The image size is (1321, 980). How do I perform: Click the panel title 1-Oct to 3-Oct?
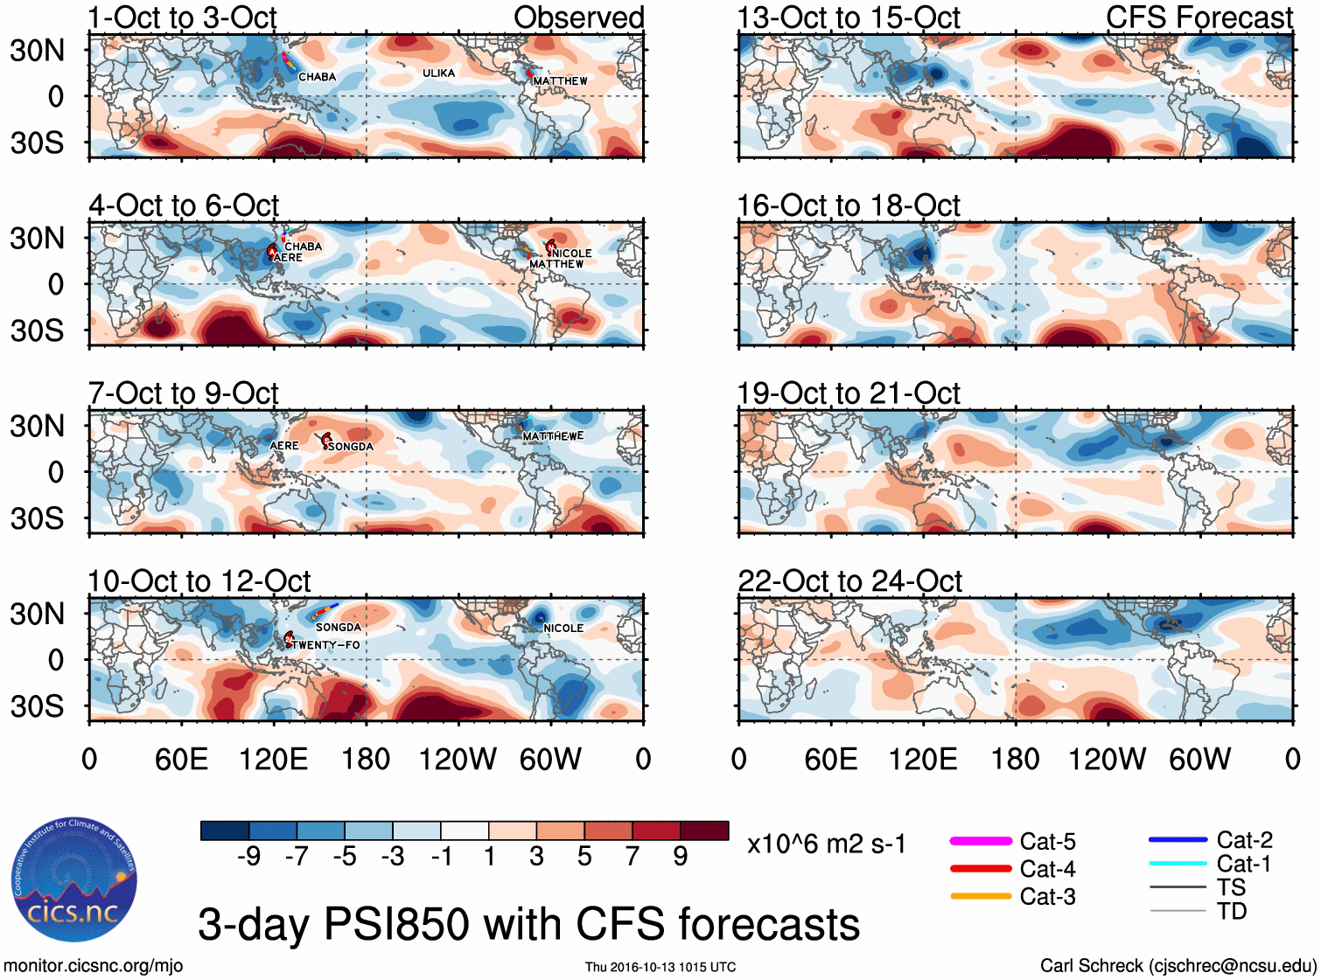182,17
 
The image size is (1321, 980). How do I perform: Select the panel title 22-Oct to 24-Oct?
849,580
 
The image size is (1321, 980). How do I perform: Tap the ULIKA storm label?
438,73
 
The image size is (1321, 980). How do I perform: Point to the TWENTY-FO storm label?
325,645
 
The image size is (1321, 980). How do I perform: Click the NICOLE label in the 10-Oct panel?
563,629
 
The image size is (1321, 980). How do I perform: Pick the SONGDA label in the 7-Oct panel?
351,447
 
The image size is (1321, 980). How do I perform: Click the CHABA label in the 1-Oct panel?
318,77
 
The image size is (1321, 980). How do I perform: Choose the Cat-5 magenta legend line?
981,841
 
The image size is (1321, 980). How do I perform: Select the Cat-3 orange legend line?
981,896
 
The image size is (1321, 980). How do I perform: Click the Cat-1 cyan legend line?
1178,864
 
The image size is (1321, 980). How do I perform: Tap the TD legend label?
1231,912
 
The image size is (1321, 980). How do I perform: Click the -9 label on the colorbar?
249,857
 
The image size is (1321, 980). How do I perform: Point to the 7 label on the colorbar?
633,857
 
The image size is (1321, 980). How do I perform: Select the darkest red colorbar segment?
704,831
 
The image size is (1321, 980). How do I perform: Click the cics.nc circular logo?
73,880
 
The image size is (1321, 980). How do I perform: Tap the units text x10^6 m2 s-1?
826,844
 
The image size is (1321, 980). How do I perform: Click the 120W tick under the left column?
458,759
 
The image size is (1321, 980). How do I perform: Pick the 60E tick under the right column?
830,759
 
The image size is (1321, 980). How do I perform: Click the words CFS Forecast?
1199,17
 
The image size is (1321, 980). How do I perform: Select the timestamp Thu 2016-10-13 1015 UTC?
660,967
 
